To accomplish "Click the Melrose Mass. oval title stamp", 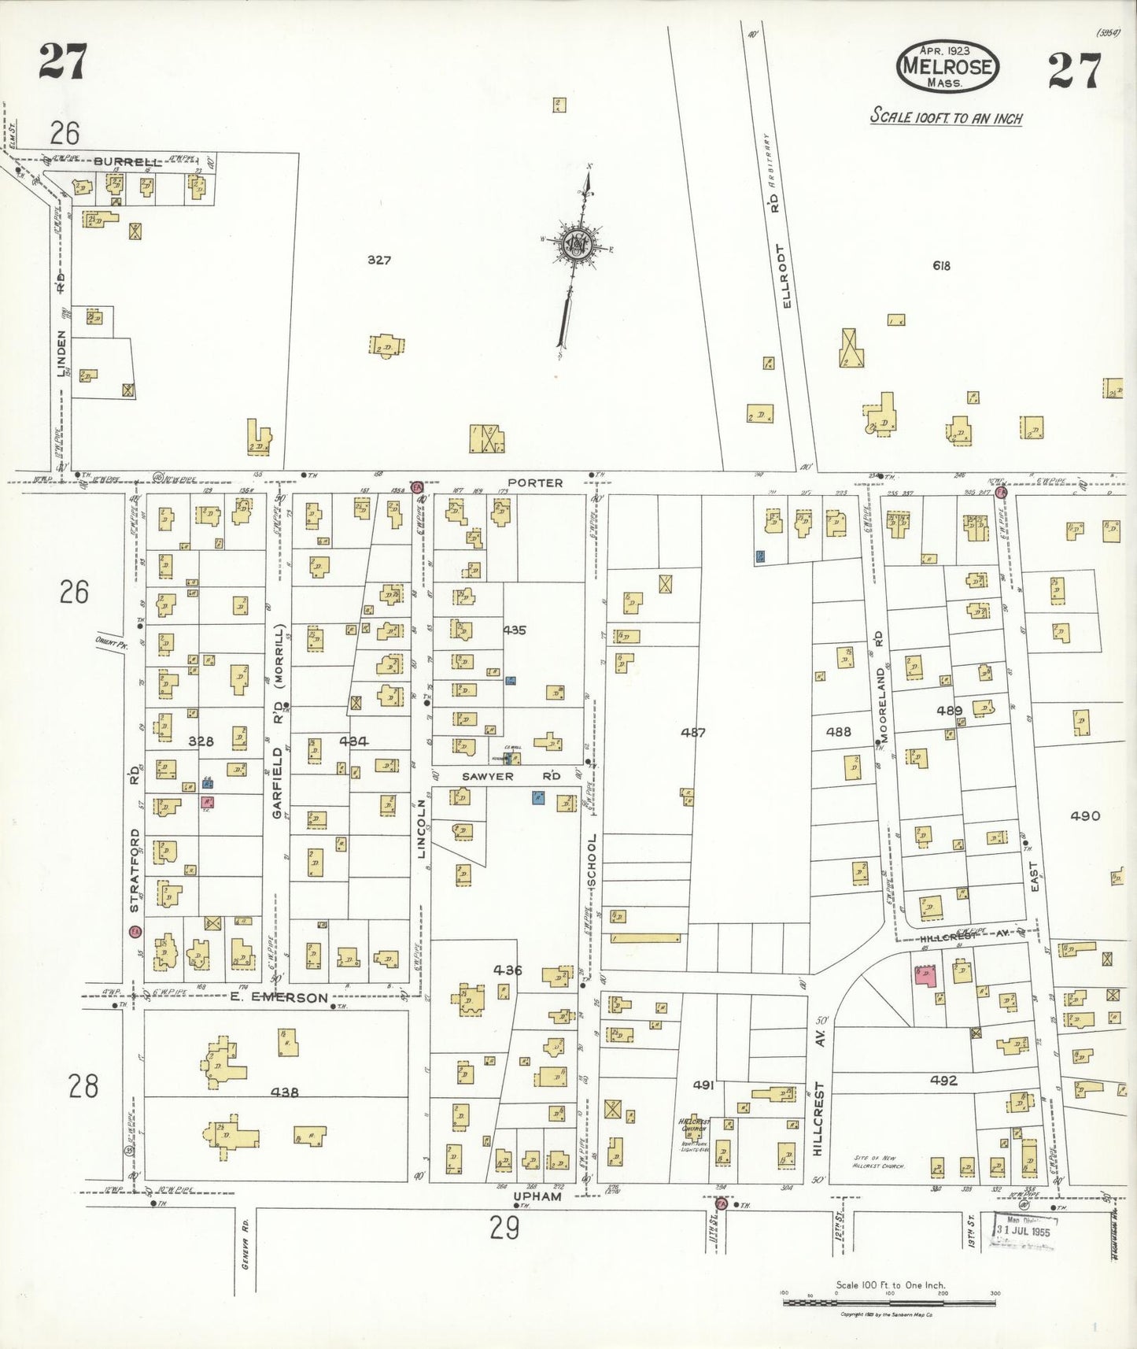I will pos(947,67).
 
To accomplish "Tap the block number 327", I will pos(379,260).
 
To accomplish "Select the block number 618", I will pos(941,265).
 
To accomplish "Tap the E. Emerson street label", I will pos(279,998).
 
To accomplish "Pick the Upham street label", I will pos(537,1196).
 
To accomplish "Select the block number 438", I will pos(284,1092).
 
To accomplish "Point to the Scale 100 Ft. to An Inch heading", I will pos(946,118).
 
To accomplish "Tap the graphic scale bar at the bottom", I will pos(889,1303).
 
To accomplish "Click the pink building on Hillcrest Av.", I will pos(925,975).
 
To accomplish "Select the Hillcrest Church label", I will pos(694,1125).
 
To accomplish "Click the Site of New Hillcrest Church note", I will pos(879,1162).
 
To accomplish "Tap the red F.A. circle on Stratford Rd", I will pos(135,932).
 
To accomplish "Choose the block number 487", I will pos(693,732).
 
